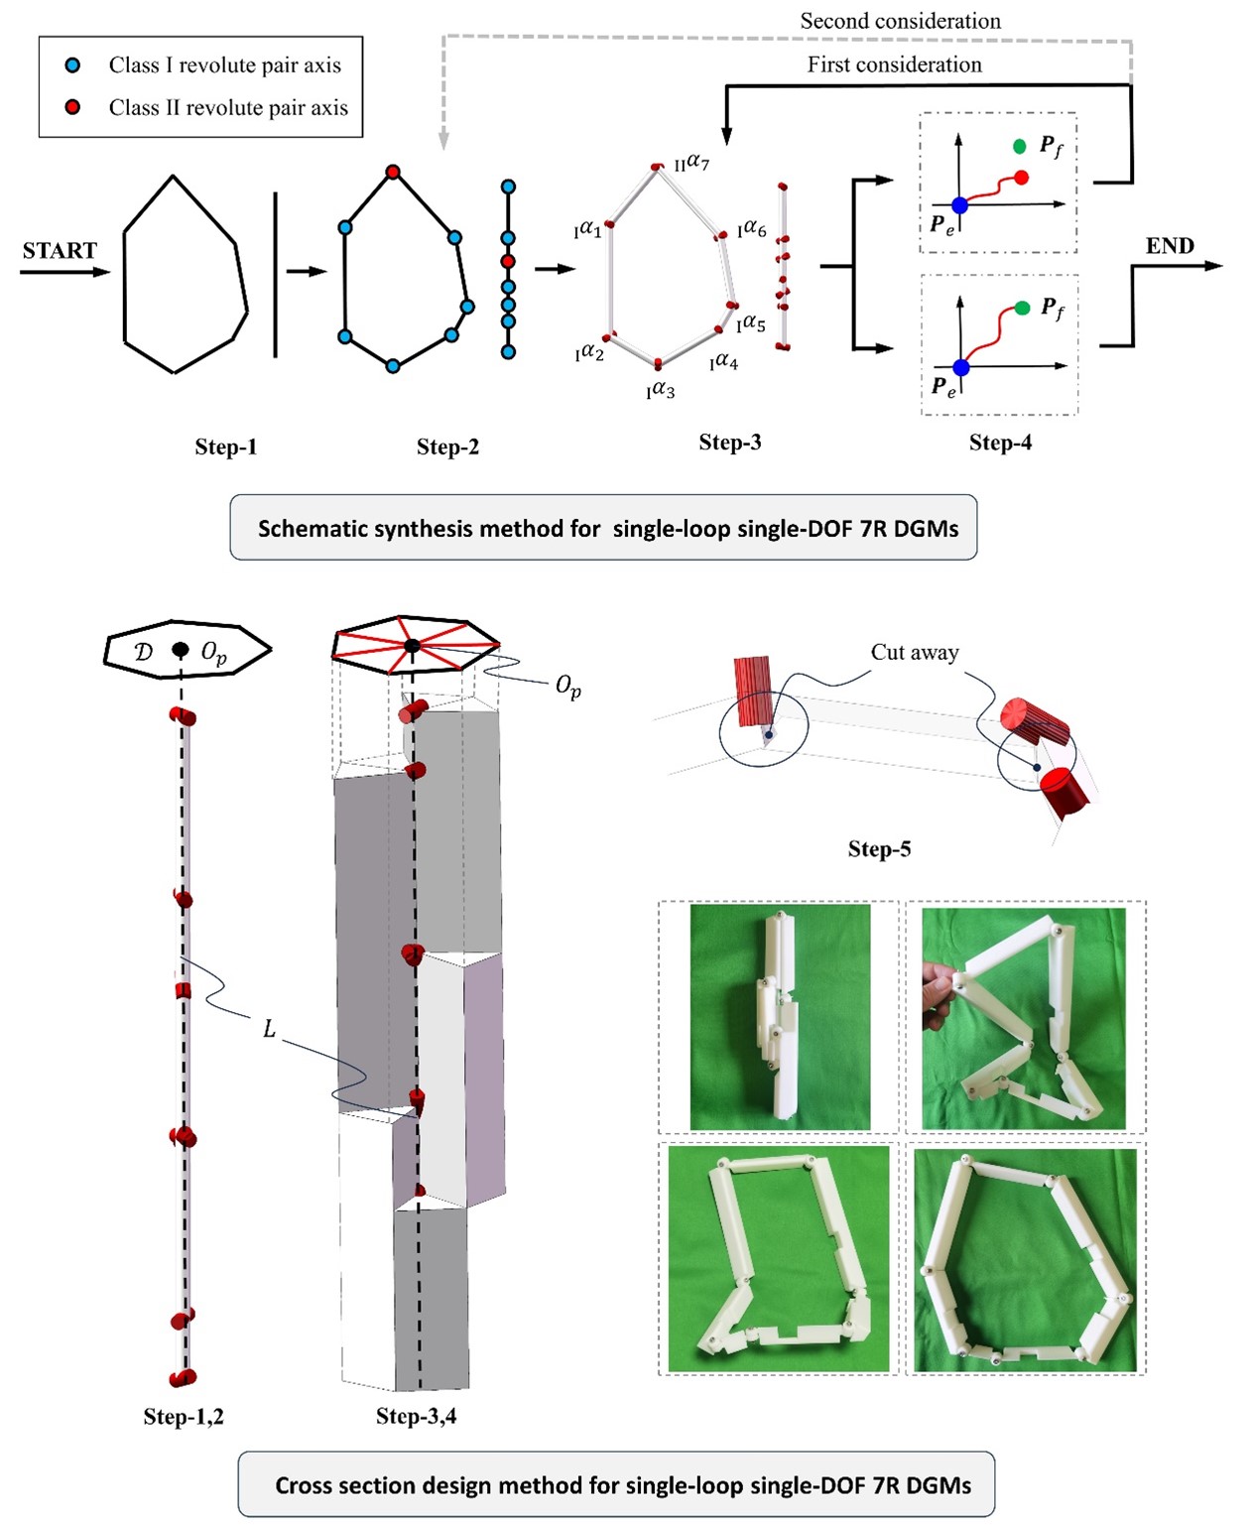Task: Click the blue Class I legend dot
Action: tap(72, 65)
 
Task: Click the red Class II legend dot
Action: tap(72, 107)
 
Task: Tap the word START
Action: tap(60, 250)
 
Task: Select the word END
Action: tap(1170, 246)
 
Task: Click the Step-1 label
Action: tap(225, 447)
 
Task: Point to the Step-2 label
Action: tap(447, 447)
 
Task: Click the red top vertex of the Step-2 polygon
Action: tap(393, 172)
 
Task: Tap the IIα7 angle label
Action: tap(691, 162)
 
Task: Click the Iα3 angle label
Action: tap(660, 391)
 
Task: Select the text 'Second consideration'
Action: tap(900, 21)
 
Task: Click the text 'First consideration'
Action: tap(894, 64)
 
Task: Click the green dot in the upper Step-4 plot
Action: tap(1019, 147)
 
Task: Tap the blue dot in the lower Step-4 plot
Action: tap(960, 368)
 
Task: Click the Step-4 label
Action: tap(1000, 443)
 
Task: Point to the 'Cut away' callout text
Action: tap(915, 652)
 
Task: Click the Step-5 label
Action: tap(879, 848)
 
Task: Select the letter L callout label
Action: tap(269, 1030)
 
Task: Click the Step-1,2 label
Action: tap(184, 1416)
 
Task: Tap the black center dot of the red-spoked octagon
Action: tap(412, 646)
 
